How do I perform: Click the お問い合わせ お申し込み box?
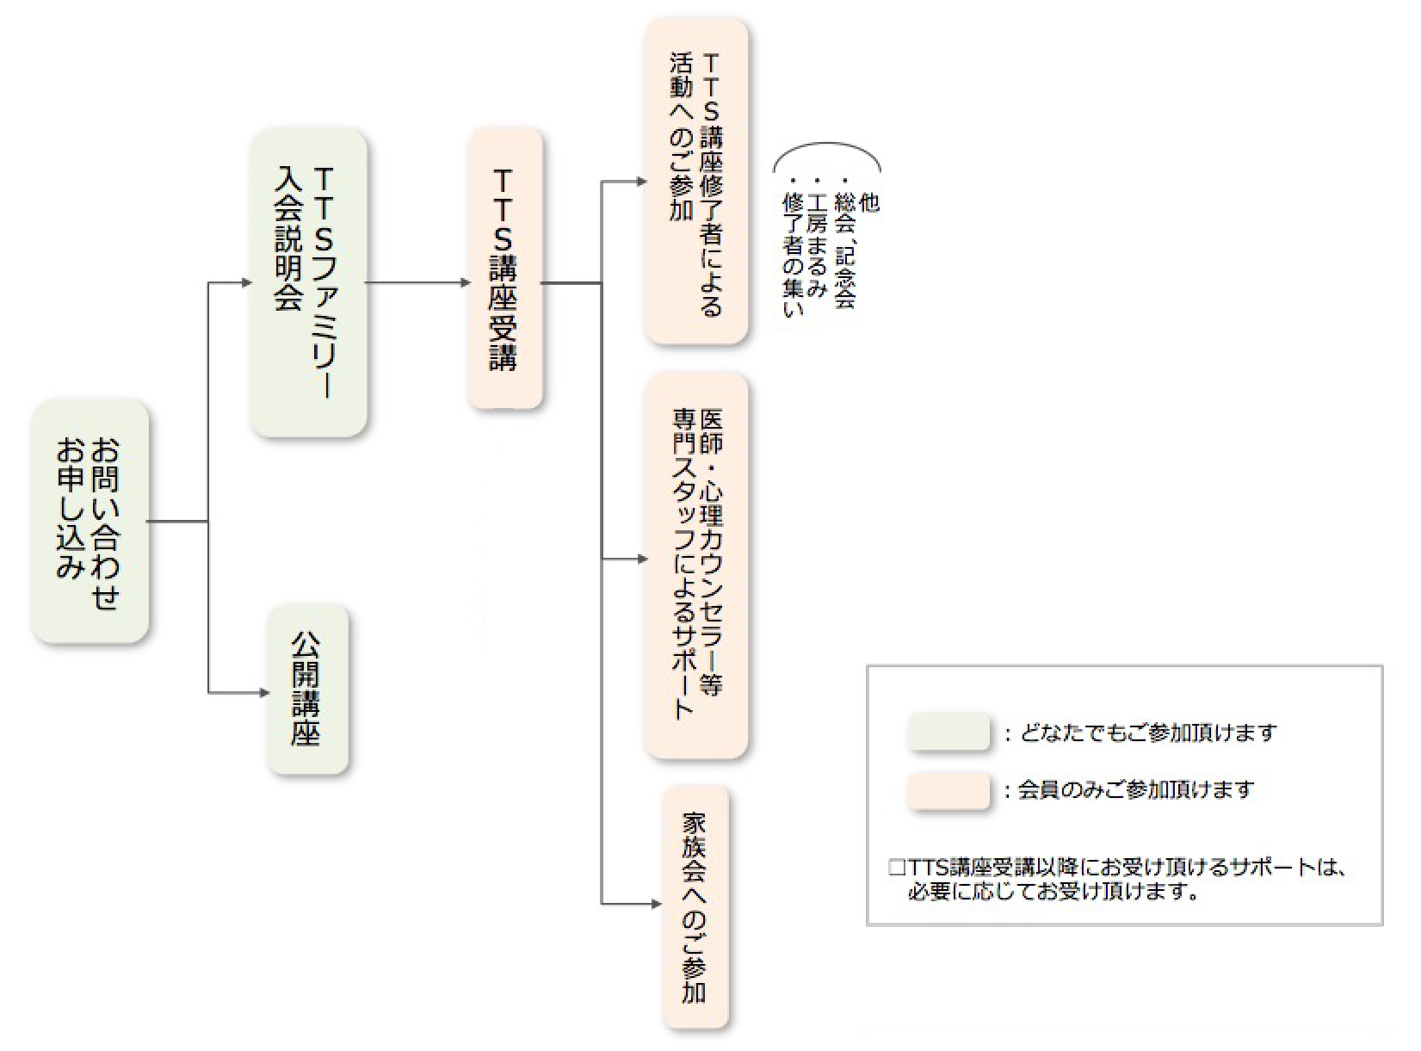90,522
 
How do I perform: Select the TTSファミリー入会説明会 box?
308,282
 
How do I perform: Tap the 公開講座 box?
307,689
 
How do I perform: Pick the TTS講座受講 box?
505,269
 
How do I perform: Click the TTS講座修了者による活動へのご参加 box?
696,182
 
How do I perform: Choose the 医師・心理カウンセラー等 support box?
696,566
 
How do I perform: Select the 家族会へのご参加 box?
695,906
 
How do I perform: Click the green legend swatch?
948,733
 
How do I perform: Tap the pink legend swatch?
948,790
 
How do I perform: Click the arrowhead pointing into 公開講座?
264,692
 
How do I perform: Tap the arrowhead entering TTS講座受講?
466,282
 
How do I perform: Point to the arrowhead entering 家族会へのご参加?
657,904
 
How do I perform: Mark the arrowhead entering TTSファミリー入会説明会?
247,282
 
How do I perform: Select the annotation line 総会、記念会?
844,250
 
